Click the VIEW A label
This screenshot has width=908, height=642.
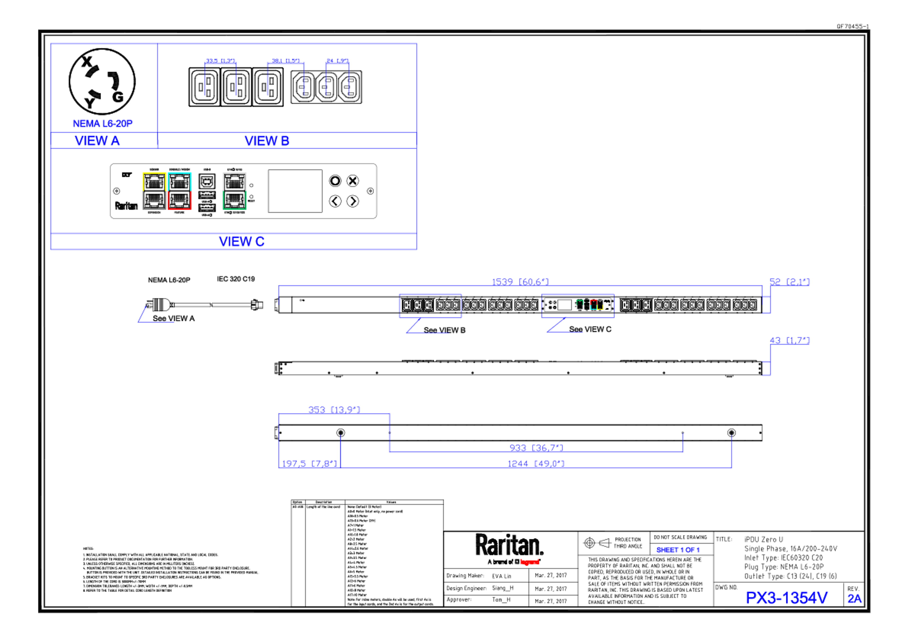[x=97, y=141]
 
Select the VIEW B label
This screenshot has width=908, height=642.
[x=267, y=141]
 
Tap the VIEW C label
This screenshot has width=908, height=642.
[x=242, y=241]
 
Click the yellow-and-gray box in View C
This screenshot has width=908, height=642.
[x=154, y=191]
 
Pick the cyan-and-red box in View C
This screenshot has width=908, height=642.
[x=180, y=191]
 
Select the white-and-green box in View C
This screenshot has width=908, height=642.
[x=235, y=191]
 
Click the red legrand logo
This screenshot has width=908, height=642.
[x=529, y=562]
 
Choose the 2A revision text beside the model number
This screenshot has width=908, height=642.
[x=854, y=599]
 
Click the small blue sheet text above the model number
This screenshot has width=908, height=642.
[x=678, y=550]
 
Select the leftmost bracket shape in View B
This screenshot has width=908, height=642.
[x=220, y=77]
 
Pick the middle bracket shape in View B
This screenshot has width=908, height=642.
[x=286, y=77]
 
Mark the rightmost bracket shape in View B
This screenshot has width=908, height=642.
[x=337, y=77]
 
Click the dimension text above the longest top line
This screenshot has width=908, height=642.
[x=520, y=281]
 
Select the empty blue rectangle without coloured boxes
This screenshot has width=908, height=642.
[x=430, y=305]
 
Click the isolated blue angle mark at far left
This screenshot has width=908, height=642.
[x=154, y=315]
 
